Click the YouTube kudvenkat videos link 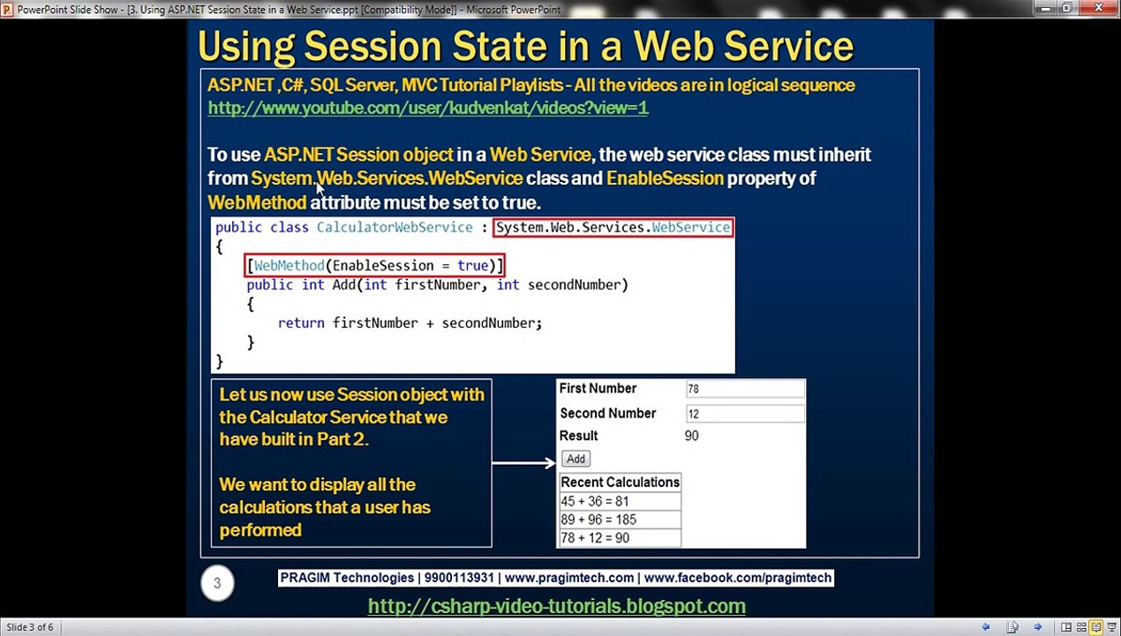428,108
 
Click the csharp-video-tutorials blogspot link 556,606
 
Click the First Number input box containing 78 745,389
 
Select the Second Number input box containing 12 745,413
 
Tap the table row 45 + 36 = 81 620,501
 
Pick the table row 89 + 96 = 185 620,519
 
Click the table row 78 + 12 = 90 620,538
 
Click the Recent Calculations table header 620,482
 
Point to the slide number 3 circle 217,583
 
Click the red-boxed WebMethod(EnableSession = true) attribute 375,265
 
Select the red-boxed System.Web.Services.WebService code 613,227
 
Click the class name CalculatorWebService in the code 395,227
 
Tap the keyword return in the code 301,323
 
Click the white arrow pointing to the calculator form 523,463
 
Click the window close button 1099,8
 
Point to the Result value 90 691,435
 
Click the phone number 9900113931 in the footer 459,578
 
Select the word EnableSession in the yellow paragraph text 665,178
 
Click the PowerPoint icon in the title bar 7,9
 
